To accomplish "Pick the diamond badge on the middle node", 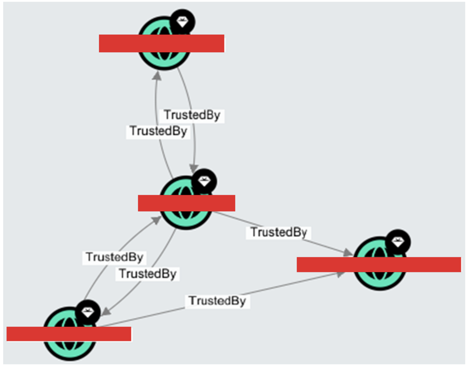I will [x=204, y=182].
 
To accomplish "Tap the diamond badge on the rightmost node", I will [x=398, y=242].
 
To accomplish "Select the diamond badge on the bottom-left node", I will [x=88, y=312].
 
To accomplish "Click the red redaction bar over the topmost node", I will [x=161, y=43].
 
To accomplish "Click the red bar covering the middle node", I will [x=186, y=203].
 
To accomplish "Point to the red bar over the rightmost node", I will [x=379, y=264].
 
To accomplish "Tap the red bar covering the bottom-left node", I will [x=69, y=334].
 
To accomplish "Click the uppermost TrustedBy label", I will [x=192, y=115].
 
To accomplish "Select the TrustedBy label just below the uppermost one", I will [x=158, y=131].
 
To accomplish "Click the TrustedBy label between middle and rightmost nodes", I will [x=278, y=233].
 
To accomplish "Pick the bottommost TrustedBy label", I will [x=217, y=301].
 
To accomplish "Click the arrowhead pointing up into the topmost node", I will [x=157, y=76].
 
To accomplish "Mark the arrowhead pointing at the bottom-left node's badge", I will [x=106, y=311].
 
